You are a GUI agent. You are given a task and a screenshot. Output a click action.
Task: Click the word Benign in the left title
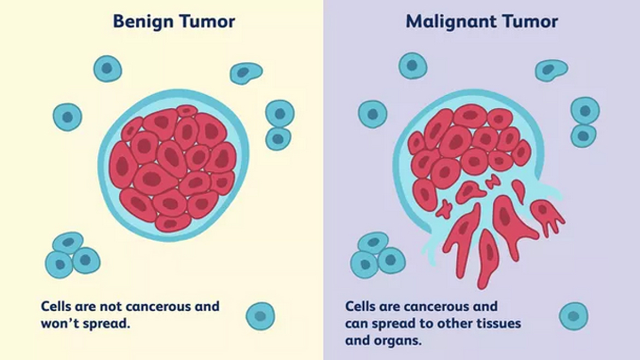coord(143,22)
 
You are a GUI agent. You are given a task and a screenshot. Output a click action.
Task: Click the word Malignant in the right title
coord(449,22)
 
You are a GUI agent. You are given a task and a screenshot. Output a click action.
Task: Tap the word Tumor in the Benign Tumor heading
coord(207,21)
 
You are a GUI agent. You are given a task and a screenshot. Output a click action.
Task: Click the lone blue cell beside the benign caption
coord(260,316)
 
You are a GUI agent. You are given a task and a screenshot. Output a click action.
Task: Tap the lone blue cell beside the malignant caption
coord(573,316)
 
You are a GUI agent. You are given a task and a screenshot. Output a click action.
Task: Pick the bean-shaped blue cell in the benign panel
coord(246,73)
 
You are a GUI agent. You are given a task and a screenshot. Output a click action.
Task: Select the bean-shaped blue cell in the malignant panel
coord(551,70)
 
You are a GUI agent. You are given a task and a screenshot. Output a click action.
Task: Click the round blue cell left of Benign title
coord(108,68)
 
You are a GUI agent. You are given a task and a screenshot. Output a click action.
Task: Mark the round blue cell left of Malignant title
coord(412,65)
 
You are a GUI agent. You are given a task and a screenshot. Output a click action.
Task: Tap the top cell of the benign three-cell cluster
coord(68,243)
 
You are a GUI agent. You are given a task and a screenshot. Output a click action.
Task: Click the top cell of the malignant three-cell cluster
coord(374,243)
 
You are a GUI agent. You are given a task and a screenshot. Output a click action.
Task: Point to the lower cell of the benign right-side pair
coord(278,139)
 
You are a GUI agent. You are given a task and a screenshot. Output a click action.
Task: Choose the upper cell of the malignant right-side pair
coord(585,111)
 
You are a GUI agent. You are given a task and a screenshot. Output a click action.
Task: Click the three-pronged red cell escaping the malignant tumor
coord(547,216)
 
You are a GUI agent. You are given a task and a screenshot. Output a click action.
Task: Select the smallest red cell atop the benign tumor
coord(187,111)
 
